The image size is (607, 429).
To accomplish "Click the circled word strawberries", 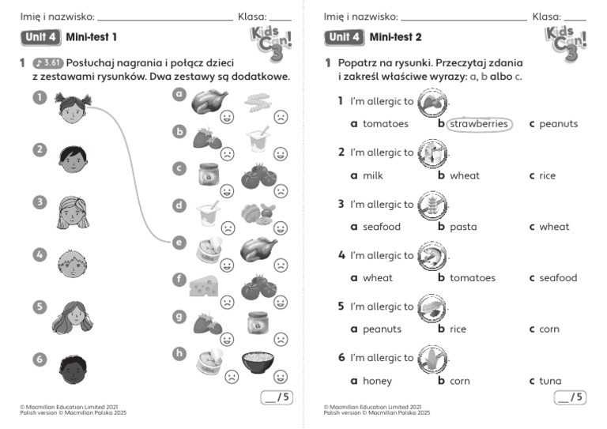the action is click(x=478, y=124).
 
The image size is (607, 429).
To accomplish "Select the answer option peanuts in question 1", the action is click(x=558, y=124).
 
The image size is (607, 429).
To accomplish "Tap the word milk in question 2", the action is click(x=372, y=175).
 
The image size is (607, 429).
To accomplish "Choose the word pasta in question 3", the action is click(x=463, y=227).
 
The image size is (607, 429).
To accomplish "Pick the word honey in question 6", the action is click(x=377, y=381).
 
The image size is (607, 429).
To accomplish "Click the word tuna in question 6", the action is click(x=550, y=381).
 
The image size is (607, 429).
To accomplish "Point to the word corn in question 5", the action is click(x=549, y=329).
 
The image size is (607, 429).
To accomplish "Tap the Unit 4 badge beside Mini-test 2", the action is click(x=345, y=36).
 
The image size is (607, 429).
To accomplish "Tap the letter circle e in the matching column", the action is click(x=179, y=243).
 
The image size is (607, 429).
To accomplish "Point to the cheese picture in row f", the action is click(x=204, y=286).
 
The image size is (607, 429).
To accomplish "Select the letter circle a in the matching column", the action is click(x=179, y=94).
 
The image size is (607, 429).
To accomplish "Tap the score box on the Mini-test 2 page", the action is click(x=571, y=397).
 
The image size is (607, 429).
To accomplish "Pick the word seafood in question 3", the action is click(x=382, y=227).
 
